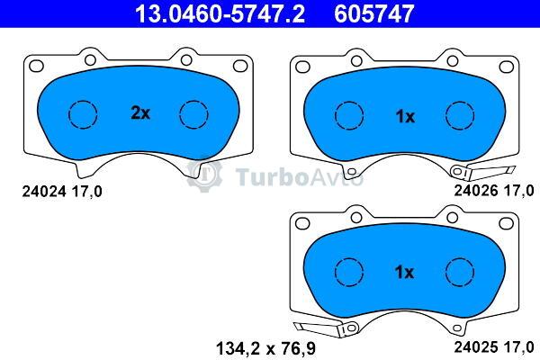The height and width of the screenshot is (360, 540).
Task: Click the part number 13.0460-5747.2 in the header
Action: point(220,13)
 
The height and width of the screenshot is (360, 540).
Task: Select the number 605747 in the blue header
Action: point(373,13)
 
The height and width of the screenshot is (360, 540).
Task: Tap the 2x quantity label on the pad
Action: point(140,112)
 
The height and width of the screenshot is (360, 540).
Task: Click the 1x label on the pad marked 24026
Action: point(405,117)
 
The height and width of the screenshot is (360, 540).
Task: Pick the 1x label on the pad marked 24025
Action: point(404,272)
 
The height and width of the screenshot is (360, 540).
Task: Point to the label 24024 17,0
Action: point(62,192)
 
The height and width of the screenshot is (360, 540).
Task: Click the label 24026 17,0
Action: point(494,191)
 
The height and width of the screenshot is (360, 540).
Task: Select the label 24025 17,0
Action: point(494,346)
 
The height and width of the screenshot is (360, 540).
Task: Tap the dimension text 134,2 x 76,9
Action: point(265,348)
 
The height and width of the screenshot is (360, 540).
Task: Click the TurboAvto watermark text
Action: point(299,177)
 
